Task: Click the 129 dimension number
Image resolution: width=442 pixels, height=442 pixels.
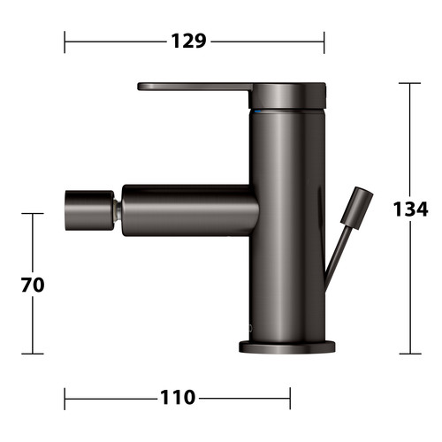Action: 188,41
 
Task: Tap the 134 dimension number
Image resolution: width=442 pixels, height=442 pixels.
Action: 410,209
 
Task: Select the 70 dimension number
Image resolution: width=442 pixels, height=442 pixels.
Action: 33,285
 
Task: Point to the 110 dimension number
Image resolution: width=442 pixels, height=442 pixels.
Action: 178,397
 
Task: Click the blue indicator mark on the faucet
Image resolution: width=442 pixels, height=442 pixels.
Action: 257,111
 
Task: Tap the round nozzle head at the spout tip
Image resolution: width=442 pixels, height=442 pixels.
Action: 89,210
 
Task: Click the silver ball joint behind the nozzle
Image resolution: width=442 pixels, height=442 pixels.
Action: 118,210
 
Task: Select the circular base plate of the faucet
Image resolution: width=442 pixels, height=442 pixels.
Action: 287,347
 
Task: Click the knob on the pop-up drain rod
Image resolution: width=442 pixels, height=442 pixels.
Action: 357,208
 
